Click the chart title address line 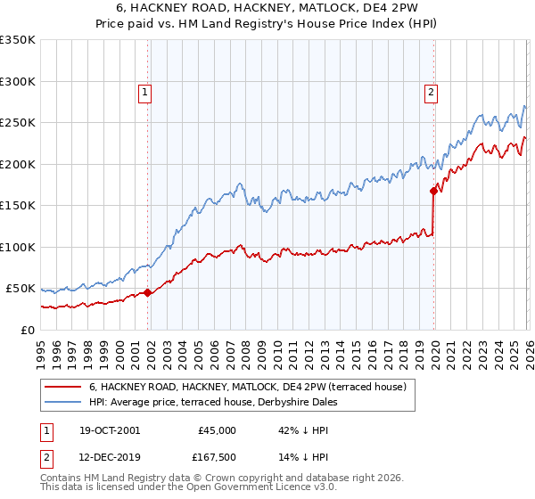click(x=267, y=9)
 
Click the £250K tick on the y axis click(x=18, y=123)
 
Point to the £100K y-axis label click(x=18, y=247)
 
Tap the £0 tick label click(x=27, y=330)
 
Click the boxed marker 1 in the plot click(x=144, y=90)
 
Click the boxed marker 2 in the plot click(x=431, y=90)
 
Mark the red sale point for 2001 click(x=148, y=292)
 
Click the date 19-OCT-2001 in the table click(x=109, y=430)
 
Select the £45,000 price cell click(x=217, y=430)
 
